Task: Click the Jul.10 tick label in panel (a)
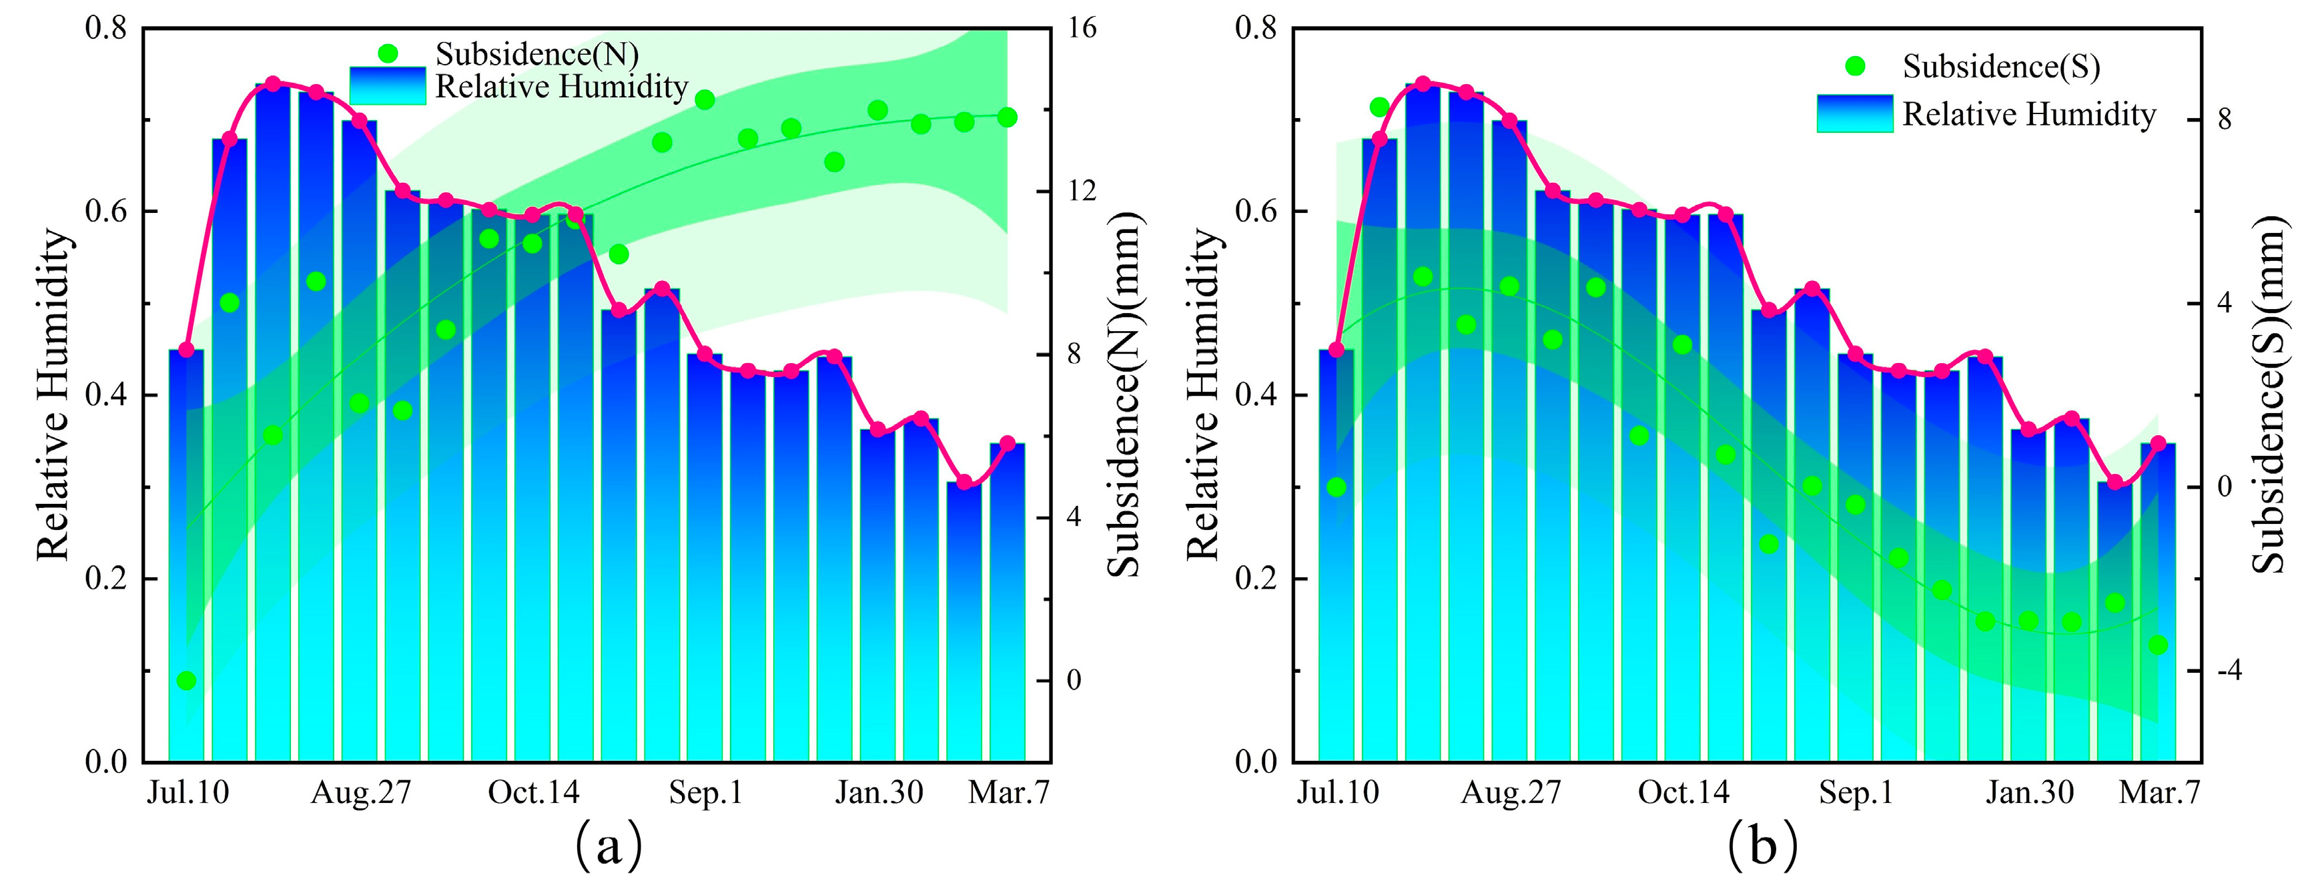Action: tap(188, 793)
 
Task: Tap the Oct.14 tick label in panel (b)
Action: tap(1683, 793)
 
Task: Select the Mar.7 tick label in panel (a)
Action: tap(1008, 793)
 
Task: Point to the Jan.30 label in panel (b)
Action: tap(2029, 793)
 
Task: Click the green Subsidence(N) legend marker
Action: tap(388, 54)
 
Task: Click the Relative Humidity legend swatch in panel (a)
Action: tap(388, 86)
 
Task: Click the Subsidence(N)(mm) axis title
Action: tap(1124, 395)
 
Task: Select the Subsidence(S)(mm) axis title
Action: tap(2270, 395)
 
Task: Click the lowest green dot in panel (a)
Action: tap(187, 681)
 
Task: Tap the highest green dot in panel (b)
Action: tap(1379, 107)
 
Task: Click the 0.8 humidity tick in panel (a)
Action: tap(106, 28)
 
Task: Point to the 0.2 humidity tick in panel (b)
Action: tap(1256, 579)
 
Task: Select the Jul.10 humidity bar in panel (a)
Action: tap(187, 557)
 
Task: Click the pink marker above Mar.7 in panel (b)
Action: tap(2158, 443)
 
